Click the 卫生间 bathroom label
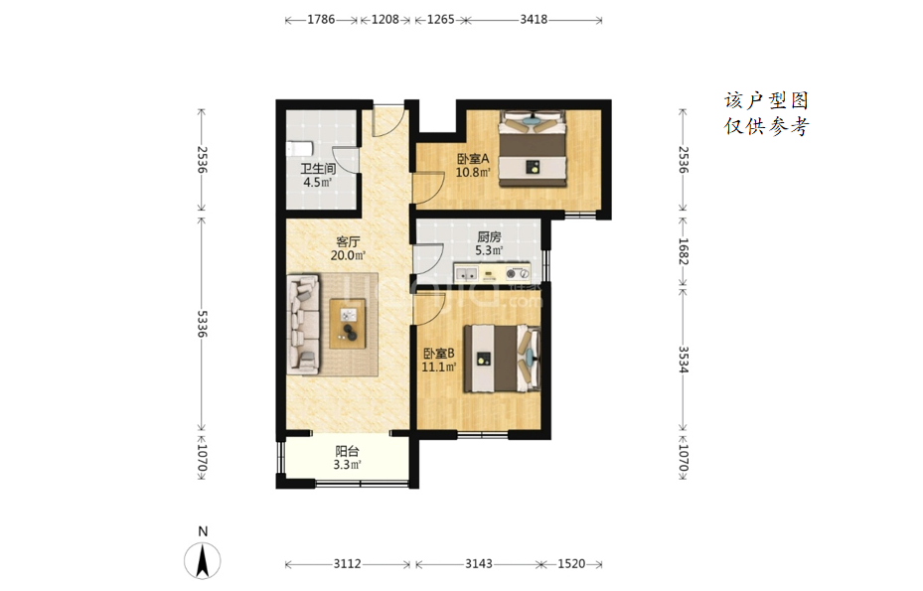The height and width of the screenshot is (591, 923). [318, 169]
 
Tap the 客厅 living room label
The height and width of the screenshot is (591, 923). [348, 242]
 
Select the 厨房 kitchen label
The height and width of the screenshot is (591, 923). [489, 236]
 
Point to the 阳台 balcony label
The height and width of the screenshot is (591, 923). [347, 452]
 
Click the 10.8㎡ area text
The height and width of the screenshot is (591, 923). [473, 173]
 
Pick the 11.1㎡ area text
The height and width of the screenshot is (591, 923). [438, 368]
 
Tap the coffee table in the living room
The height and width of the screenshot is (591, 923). [348, 324]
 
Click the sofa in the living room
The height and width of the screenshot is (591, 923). [303, 324]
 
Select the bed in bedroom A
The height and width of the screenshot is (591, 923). [533, 149]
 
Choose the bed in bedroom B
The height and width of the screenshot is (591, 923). [502, 359]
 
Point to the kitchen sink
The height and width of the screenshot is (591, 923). [468, 274]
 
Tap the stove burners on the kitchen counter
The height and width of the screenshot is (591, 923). [517, 274]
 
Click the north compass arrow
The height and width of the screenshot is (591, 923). [203, 562]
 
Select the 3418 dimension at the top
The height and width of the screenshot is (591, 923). [534, 20]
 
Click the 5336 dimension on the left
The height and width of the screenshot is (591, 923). [202, 324]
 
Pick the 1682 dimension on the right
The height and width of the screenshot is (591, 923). [683, 251]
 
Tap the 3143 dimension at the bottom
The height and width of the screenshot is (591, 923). [479, 564]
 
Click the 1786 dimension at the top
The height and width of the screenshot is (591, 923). [321, 20]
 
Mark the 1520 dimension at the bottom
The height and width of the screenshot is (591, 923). [571, 564]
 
